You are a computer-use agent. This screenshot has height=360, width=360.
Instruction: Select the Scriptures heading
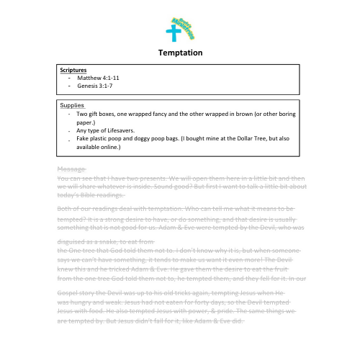72,70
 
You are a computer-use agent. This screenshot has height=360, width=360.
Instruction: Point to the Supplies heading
71,105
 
